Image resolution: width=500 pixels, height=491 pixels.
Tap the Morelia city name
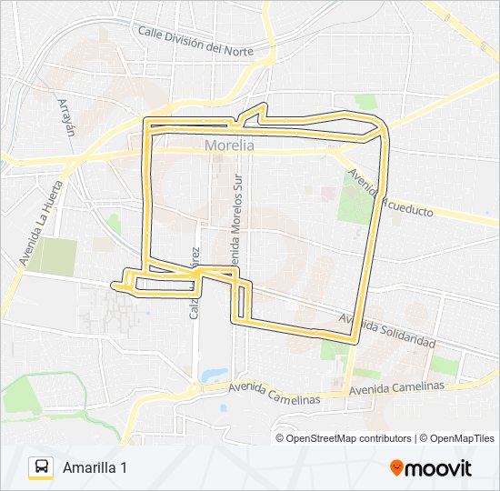point(229,145)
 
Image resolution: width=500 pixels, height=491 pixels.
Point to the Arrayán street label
point(65,116)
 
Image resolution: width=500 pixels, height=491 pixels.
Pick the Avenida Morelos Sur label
point(238,211)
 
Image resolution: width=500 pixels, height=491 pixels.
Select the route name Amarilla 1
point(95,467)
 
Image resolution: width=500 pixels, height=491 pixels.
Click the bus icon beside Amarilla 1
point(41,467)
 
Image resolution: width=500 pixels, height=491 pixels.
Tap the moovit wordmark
point(438,468)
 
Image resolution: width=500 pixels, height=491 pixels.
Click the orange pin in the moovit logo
point(396,468)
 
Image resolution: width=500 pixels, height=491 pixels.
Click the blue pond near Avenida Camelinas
point(215,374)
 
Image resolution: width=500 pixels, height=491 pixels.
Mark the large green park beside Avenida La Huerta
point(56,256)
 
